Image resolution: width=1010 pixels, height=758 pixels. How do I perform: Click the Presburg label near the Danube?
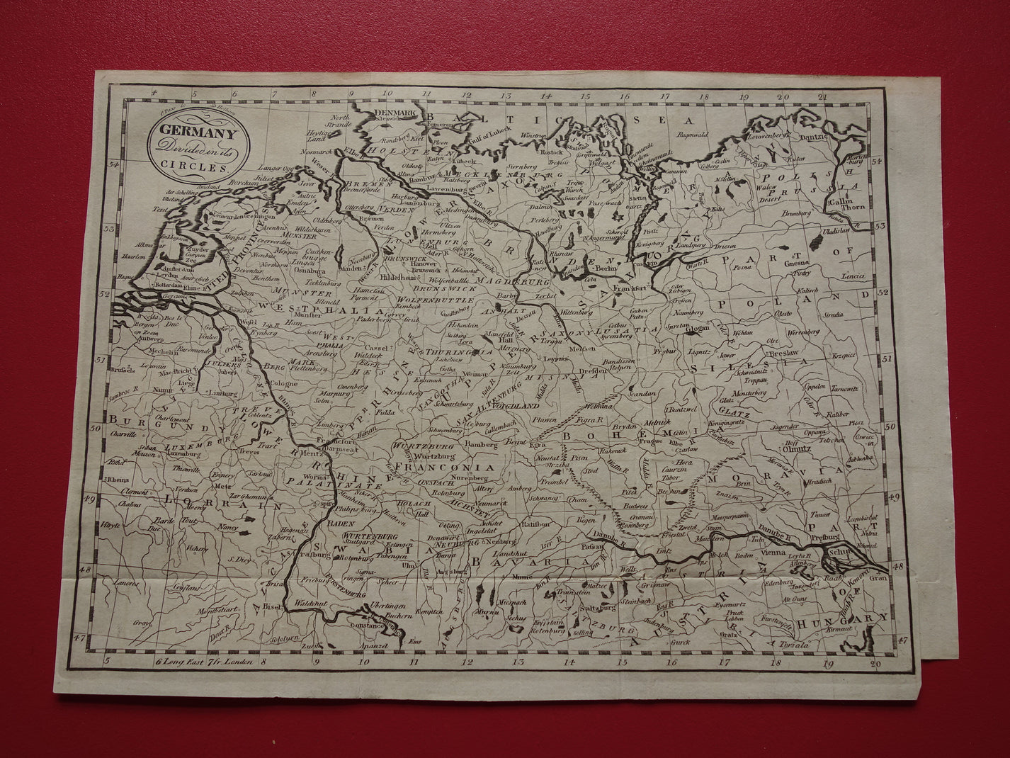click(825, 537)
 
